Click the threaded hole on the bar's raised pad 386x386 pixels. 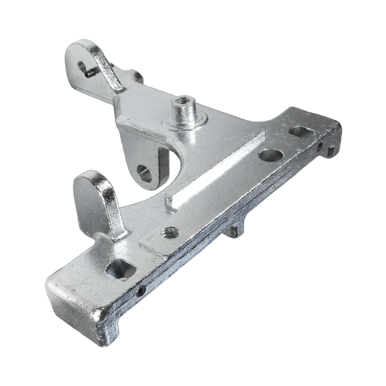coord(171,232)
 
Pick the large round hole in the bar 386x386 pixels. coord(271,155)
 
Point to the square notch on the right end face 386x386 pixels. coord(330,151)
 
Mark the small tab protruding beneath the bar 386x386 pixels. coord(235,231)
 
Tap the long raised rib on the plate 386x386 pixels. coord(216,170)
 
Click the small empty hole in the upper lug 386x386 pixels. coord(82,66)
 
